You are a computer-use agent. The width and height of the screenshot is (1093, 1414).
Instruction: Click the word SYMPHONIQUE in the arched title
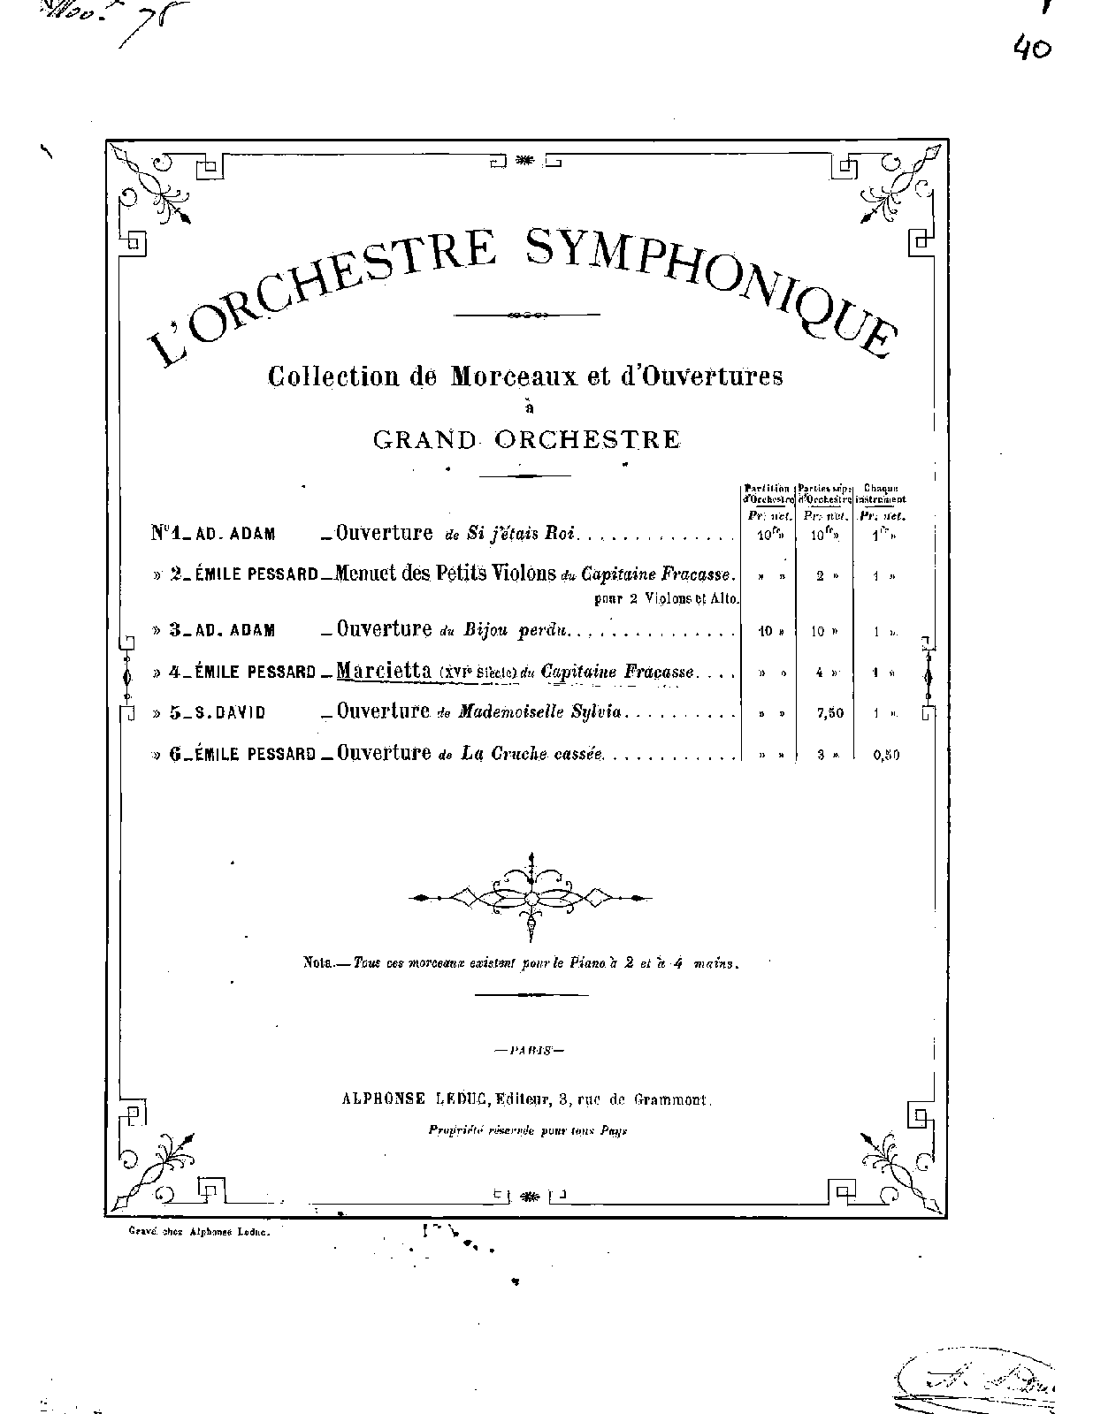[707, 283]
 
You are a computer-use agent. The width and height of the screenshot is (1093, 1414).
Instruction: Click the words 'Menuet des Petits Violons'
[447, 574]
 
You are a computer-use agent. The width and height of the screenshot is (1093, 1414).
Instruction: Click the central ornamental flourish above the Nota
[531, 896]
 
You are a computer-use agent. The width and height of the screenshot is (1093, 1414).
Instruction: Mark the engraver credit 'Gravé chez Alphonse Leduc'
[198, 1232]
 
